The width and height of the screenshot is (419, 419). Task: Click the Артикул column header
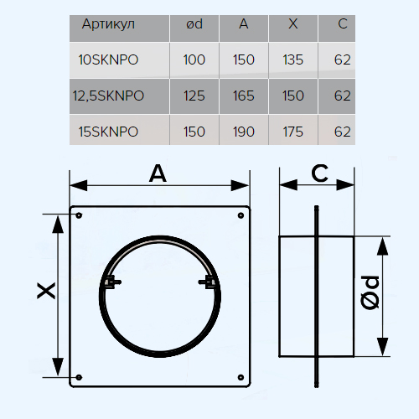[108, 24]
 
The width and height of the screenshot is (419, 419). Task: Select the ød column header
[194, 24]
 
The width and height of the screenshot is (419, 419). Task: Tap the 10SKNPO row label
[108, 59]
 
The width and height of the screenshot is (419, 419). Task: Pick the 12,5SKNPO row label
[108, 96]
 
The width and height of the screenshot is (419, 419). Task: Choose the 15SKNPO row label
[108, 132]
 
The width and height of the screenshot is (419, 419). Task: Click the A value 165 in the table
[244, 96]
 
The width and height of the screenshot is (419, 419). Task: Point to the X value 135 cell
[293, 59]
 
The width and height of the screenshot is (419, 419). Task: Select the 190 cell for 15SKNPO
[244, 132]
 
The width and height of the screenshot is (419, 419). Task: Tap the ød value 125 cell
[194, 96]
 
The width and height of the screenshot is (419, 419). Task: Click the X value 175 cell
[293, 132]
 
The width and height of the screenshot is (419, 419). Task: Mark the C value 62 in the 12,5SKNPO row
[343, 96]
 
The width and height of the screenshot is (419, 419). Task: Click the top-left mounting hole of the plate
[79, 215]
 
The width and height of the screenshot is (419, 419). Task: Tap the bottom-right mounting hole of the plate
[241, 377]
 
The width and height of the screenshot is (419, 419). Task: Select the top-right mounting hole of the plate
[241, 215]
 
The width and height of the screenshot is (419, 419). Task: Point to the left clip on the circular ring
[112, 282]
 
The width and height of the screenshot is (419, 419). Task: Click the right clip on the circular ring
[207, 282]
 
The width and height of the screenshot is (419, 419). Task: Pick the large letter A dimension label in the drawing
[158, 173]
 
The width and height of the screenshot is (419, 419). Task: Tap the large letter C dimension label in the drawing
[319, 173]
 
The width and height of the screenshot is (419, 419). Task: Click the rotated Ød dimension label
[370, 292]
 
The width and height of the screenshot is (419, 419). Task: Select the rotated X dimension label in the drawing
[46, 291]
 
